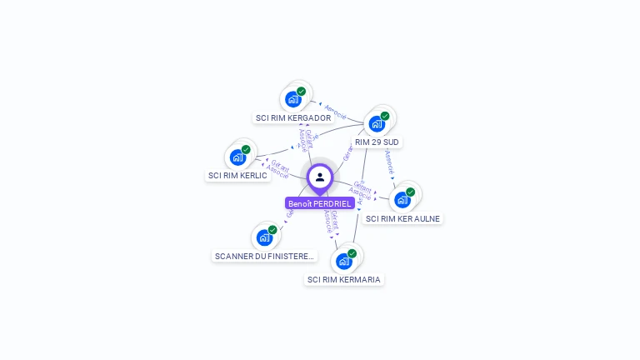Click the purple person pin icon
(320, 177)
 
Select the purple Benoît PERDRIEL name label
(320, 203)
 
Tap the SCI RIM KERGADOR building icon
(292, 99)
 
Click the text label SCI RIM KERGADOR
(293, 118)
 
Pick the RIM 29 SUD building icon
(377, 124)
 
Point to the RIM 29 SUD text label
(377, 142)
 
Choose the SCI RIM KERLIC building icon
(237, 157)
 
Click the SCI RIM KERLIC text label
(237, 176)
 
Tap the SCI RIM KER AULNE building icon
(402, 199)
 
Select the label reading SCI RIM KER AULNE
(402, 218)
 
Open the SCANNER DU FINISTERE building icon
(264, 237)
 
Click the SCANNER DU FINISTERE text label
(265, 257)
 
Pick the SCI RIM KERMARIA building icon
(343, 261)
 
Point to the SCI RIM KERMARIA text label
(343, 280)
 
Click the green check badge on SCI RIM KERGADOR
(301, 92)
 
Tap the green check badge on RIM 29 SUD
(385, 117)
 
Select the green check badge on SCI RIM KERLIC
(246, 149)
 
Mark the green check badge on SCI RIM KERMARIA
(352, 253)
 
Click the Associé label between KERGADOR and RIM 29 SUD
(335, 112)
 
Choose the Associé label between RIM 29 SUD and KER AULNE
(389, 160)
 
